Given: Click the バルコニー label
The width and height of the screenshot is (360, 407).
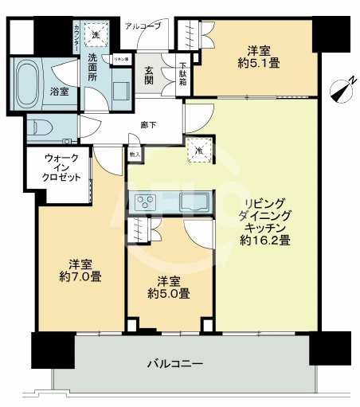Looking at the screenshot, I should (x=174, y=365).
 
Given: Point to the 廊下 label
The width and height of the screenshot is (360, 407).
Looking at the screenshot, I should (x=147, y=124).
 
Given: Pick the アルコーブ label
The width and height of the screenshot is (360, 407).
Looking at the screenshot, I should (x=143, y=26).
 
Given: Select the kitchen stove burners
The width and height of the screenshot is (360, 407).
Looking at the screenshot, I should (x=147, y=201).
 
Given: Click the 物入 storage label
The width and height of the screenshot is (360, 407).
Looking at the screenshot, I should (x=134, y=154).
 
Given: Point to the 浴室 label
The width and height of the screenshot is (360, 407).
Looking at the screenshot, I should (x=60, y=92).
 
